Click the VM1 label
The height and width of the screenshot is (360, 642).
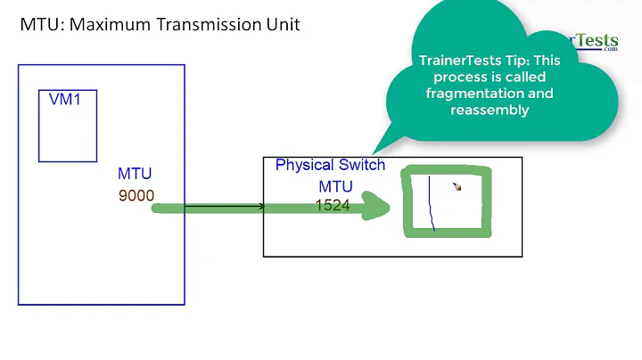tap(65, 100)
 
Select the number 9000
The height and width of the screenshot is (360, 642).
tap(136, 193)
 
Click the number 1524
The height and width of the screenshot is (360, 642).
tap(333, 205)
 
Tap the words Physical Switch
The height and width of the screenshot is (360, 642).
tap(330, 165)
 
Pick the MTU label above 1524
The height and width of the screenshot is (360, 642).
tap(335, 186)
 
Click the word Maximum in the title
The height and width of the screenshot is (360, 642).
tap(105, 24)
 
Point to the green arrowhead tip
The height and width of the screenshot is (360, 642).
tap(390, 209)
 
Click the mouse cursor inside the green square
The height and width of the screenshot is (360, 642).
tap(457, 187)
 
